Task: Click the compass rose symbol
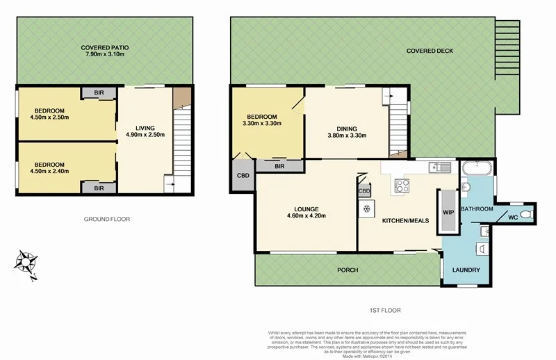tap(26, 263)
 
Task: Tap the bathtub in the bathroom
tap(477, 167)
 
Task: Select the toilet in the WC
tap(528, 213)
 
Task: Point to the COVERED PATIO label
tap(107, 48)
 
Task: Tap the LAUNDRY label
tap(466, 270)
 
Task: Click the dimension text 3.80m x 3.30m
tap(347, 136)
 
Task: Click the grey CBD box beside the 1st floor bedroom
tap(243, 175)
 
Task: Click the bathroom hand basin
tap(465, 187)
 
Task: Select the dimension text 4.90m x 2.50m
tap(145, 135)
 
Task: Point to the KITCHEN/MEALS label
tap(404, 220)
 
